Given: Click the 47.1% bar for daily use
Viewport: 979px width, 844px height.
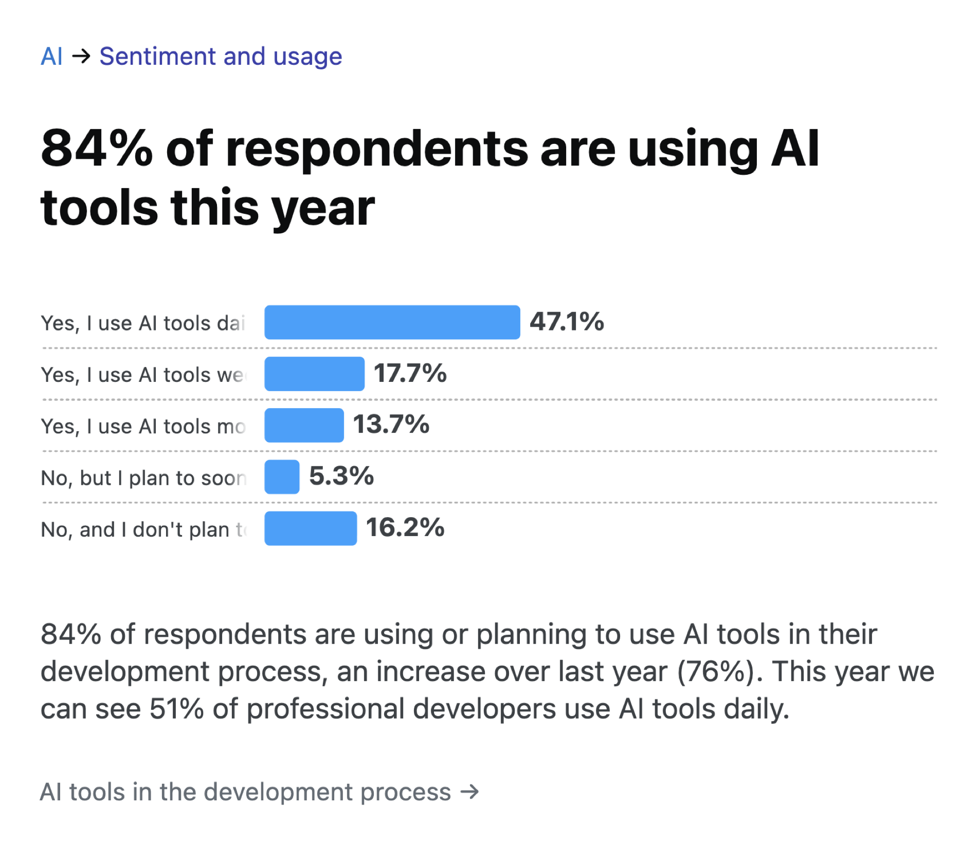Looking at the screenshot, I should click(392, 322).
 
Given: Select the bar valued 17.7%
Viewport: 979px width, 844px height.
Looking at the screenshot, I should click(314, 374).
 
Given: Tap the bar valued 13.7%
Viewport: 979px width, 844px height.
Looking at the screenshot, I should click(304, 425).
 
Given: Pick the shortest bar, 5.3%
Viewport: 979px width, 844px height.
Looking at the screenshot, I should click(282, 476).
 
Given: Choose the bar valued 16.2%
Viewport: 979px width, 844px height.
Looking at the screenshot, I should click(311, 528).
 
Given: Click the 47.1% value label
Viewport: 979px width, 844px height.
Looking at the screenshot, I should click(567, 322).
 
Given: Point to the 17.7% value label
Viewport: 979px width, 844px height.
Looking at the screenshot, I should click(410, 373).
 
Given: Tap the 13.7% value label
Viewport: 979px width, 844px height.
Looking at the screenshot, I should click(391, 425).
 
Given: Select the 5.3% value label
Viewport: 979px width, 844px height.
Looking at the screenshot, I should click(341, 476).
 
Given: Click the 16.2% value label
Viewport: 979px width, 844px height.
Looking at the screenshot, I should click(405, 527).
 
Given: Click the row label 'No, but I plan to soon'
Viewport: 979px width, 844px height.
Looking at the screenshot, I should click(143, 478).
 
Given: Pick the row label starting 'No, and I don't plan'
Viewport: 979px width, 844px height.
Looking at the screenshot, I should click(143, 529).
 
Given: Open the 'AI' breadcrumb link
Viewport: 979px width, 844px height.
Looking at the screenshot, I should click(51, 57).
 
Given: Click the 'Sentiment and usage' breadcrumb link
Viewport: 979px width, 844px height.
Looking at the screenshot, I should click(221, 57).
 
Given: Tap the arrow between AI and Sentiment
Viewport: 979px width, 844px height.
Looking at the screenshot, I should click(81, 56).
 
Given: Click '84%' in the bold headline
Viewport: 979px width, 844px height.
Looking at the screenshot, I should click(97, 149).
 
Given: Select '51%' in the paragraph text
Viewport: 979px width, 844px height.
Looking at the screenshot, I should click(176, 709).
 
